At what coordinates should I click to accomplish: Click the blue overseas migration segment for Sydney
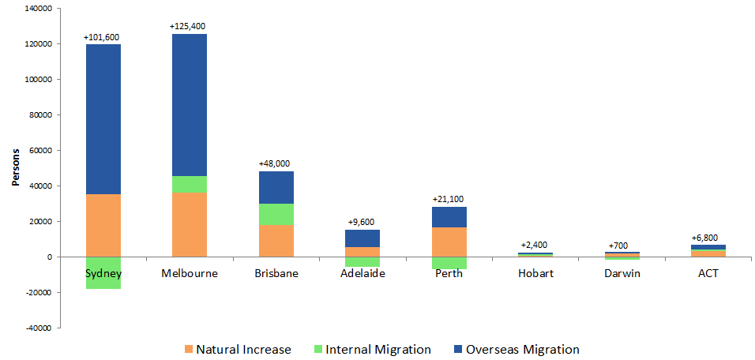point(103,118)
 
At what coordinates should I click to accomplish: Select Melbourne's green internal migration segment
point(189,184)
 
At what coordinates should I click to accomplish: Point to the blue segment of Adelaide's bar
point(362,238)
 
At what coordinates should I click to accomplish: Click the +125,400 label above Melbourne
point(189,27)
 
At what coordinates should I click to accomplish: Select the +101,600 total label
point(102,37)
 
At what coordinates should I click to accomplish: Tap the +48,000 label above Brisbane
point(276,163)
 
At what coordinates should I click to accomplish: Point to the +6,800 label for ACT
point(708,238)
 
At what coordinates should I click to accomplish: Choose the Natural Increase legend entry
point(236,349)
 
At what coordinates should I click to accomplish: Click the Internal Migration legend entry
point(370,349)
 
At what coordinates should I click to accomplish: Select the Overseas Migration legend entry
point(514,349)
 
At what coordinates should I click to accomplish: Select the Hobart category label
point(536,273)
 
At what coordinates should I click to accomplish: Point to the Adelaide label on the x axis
point(362,273)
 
